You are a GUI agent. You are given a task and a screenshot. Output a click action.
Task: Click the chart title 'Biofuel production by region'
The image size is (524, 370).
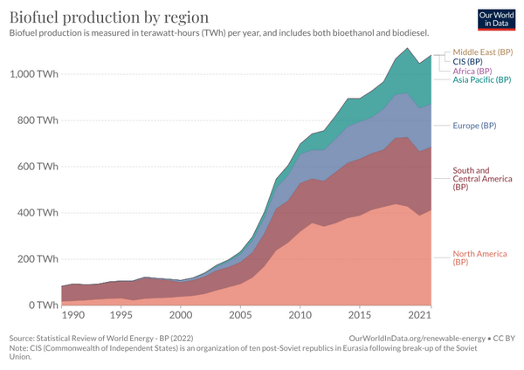point(109,17)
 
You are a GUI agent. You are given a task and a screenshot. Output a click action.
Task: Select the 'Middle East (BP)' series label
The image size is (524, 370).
point(483,52)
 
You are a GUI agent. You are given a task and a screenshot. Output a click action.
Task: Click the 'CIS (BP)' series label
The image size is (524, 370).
point(468,62)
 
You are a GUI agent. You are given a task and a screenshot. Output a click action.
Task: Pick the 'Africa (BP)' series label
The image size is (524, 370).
point(472,71)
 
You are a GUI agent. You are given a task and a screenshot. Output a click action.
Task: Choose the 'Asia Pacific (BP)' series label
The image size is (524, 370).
point(482,80)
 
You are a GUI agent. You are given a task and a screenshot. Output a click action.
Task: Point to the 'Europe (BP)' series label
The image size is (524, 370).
point(474,126)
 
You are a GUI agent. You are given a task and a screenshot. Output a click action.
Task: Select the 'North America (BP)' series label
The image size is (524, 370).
point(479,259)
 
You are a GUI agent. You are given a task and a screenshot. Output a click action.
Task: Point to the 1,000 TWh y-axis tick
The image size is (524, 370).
point(34,74)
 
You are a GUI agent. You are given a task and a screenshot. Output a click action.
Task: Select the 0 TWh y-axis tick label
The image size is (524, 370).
point(44,305)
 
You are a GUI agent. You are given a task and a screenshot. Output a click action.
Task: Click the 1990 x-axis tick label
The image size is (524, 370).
point(73,315)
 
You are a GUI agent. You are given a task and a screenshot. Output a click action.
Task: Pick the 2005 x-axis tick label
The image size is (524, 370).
point(240,315)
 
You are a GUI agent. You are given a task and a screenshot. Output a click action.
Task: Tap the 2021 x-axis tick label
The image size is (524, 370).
point(421,315)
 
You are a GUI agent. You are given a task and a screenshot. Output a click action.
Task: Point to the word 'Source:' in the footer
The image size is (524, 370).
point(24,338)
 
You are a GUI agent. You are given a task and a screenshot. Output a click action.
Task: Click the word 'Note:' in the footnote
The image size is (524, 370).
point(20,348)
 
